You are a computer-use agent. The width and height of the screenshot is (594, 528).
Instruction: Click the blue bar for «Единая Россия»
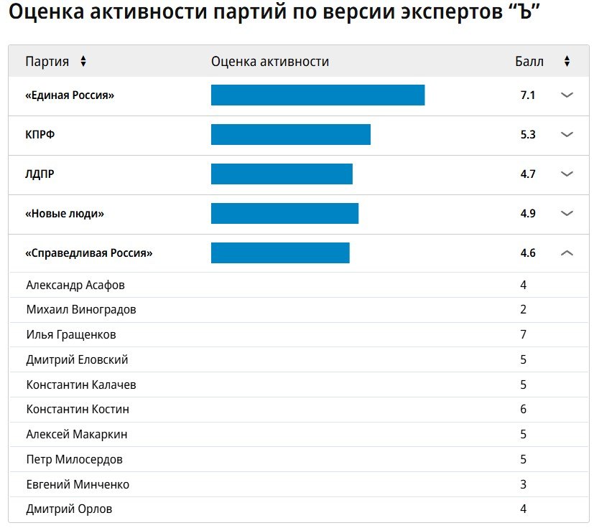click(318, 95)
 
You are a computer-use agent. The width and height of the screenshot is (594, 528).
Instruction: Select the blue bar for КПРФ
click(291, 134)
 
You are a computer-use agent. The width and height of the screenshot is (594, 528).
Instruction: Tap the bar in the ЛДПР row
click(282, 174)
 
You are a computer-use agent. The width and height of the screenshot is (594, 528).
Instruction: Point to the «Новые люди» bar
click(284, 214)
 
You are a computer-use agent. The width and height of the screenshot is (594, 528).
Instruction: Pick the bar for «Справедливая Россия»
click(280, 253)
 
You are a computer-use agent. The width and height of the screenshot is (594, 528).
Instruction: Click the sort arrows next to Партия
click(83, 61)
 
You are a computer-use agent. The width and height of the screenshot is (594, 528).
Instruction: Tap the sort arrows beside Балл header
click(567, 61)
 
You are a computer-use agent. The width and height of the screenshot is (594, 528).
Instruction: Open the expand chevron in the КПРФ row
click(567, 134)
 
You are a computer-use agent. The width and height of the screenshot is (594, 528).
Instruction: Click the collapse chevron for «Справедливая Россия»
click(567, 253)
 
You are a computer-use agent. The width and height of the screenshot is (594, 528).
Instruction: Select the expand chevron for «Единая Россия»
click(567, 95)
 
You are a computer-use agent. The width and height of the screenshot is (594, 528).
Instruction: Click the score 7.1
click(528, 95)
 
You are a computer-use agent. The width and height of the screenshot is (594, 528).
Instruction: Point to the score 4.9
click(528, 214)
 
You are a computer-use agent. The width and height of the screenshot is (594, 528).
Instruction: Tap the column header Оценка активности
click(270, 61)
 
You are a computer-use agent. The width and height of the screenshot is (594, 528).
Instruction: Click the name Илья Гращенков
click(71, 334)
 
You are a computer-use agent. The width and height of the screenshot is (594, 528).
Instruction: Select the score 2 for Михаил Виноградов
click(523, 310)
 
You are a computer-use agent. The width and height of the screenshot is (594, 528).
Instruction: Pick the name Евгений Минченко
click(78, 484)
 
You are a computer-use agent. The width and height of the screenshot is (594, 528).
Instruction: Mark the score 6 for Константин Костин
click(523, 409)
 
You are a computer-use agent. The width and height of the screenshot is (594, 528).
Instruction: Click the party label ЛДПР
click(40, 174)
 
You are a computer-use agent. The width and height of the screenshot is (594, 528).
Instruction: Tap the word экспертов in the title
click(451, 12)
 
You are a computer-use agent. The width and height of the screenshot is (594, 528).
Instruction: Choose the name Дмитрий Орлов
click(70, 509)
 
